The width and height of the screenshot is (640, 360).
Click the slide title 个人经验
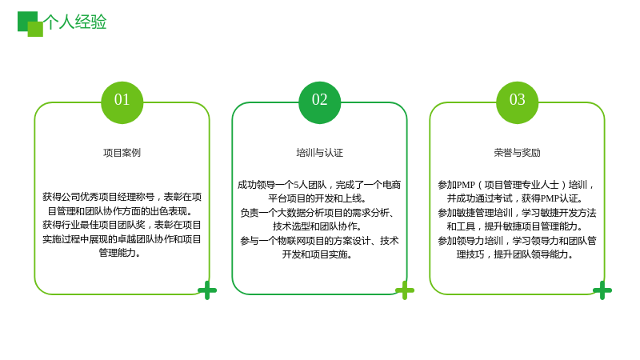point(74,22)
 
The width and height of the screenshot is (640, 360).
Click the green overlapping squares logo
point(30,24)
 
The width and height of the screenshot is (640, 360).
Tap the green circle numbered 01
point(122,102)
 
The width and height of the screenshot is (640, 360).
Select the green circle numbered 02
point(319,102)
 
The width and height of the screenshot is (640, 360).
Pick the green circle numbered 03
point(517,102)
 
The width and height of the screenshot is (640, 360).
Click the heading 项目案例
point(122,153)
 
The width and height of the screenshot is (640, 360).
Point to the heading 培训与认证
point(319,153)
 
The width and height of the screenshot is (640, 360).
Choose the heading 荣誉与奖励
point(517,153)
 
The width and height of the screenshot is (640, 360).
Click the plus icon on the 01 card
point(207,290)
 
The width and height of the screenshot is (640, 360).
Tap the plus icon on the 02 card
point(405,290)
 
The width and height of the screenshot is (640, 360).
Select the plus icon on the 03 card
point(602,290)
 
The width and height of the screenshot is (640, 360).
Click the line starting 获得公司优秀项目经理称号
point(122,197)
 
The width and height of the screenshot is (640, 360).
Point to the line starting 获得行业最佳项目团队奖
point(122,225)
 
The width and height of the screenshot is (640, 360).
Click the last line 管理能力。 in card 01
point(120,253)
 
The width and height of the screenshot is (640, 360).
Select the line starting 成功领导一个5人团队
point(319,185)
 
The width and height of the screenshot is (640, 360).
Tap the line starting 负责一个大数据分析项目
point(317,213)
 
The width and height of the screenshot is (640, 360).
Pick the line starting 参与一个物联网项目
point(319,241)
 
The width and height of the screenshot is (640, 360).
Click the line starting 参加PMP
point(516,185)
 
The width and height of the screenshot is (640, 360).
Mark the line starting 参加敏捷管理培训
point(517,213)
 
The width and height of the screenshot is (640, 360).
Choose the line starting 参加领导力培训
point(517,241)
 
